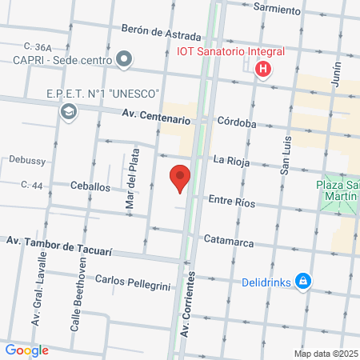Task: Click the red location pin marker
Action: [x=181, y=178]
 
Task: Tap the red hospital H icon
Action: [x=262, y=70]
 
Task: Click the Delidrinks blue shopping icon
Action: [x=302, y=282]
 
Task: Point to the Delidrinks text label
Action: [x=266, y=282]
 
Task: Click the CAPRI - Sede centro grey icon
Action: [x=124, y=58]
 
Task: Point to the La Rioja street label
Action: [x=233, y=161]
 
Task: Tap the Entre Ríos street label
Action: [x=231, y=203]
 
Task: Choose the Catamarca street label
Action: [x=229, y=239]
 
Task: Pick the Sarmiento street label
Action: [x=276, y=10]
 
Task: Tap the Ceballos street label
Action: [x=90, y=186]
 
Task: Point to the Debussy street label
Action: [x=27, y=160]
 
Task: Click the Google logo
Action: [x=26, y=350]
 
